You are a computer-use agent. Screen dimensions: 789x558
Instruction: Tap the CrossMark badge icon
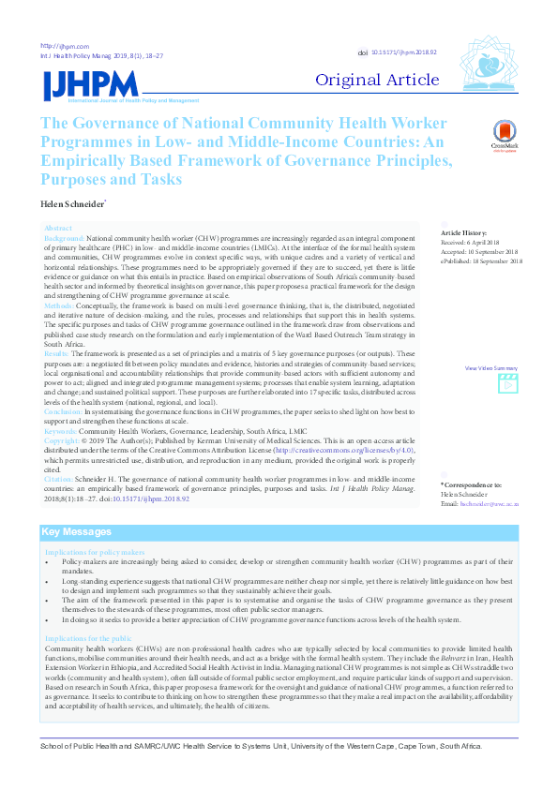(505, 136)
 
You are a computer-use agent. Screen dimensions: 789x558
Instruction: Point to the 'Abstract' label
(58, 229)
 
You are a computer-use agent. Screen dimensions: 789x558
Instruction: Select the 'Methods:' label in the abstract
(59, 305)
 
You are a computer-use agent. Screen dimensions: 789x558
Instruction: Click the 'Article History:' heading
(464, 232)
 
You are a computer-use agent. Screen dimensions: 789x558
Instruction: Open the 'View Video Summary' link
(491, 368)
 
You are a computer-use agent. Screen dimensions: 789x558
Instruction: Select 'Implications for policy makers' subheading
(95, 553)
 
